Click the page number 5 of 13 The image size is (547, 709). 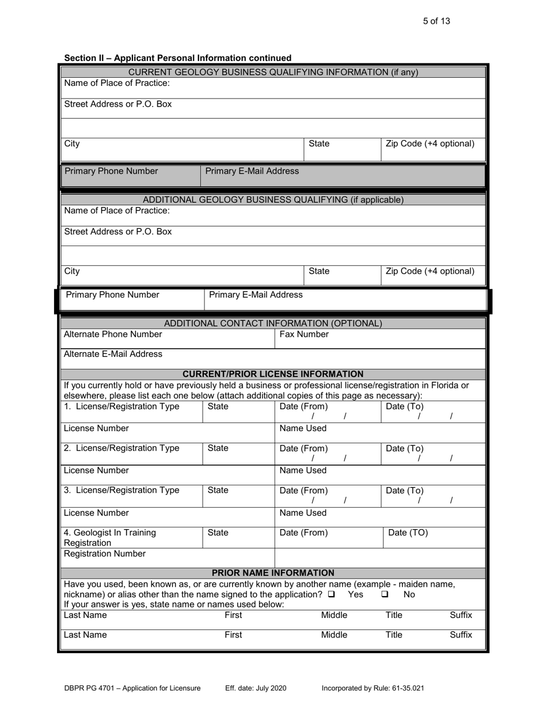(x=436, y=21)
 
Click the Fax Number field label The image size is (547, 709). (x=304, y=334)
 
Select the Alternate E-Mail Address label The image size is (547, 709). (x=113, y=354)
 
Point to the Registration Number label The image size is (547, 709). (x=105, y=554)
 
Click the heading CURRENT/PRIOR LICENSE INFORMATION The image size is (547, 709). (x=273, y=374)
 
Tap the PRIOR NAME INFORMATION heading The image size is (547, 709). (x=273, y=573)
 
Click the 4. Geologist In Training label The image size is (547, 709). (x=109, y=533)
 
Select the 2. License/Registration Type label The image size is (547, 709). (x=121, y=448)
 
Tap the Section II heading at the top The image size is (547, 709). (x=178, y=58)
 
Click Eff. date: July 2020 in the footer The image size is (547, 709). (x=256, y=688)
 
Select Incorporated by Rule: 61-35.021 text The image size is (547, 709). (x=373, y=688)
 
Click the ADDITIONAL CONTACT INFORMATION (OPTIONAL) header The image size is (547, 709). (x=273, y=323)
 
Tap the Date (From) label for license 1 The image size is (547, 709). (x=303, y=406)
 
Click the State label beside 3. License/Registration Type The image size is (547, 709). (x=218, y=491)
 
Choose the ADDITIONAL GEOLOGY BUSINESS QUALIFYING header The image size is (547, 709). (x=273, y=200)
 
